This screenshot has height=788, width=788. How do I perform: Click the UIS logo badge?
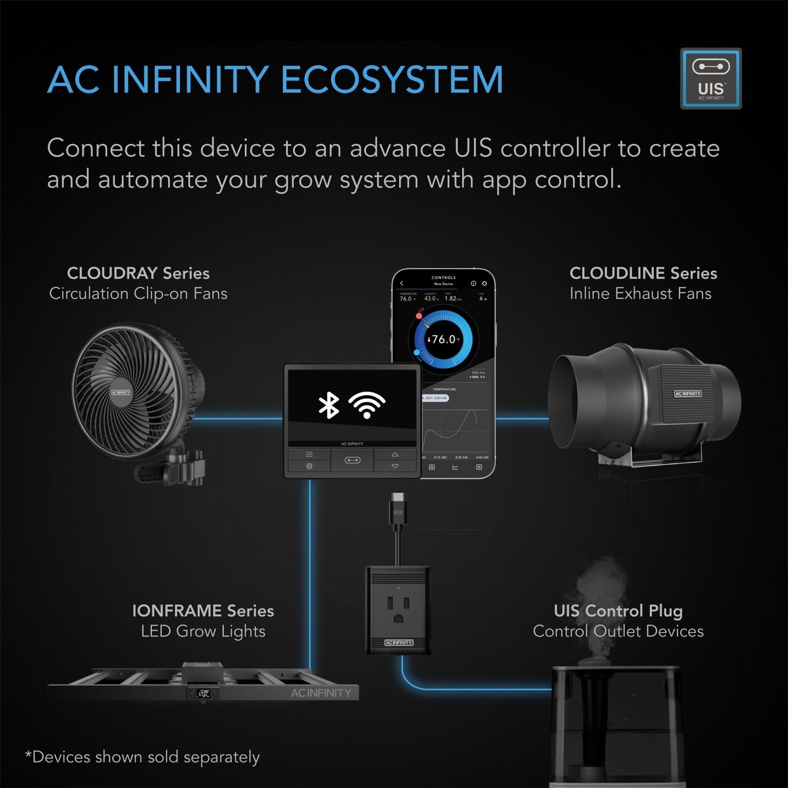pyautogui.click(x=711, y=78)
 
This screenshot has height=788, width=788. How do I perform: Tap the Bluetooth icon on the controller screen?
pyautogui.click(x=329, y=405)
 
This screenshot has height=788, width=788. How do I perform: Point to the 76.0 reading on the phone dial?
pyautogui.click(x=443, y=339)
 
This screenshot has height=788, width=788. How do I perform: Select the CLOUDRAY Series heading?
pyautogui.click(x=138, y=273)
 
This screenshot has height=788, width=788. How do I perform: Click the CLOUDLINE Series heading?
pyautogui.click(x=643, y=273)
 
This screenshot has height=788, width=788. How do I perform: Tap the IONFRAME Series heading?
pyautogui.click(x=203, y=610)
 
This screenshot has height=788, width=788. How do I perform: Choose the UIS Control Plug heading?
pyautogui.click(x=618, y=610)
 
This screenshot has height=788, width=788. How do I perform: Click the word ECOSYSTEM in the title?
pyautogui.click(x=392, y=80)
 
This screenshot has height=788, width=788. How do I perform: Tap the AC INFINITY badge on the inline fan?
pyautogui.click(x=687, y=393)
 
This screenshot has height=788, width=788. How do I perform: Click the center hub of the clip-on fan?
pyautogui.click(x=121, y=392)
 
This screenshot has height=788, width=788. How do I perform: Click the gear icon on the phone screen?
pyautogui.click(x=484, y=283)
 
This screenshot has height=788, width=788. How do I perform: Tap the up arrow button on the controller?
pyautogui.click(x=395, y=455)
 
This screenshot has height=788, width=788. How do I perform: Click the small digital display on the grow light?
pyautogui.click(x=203, y=694)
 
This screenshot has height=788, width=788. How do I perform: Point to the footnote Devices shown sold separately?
pyautogui.click(x=143, y=757)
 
